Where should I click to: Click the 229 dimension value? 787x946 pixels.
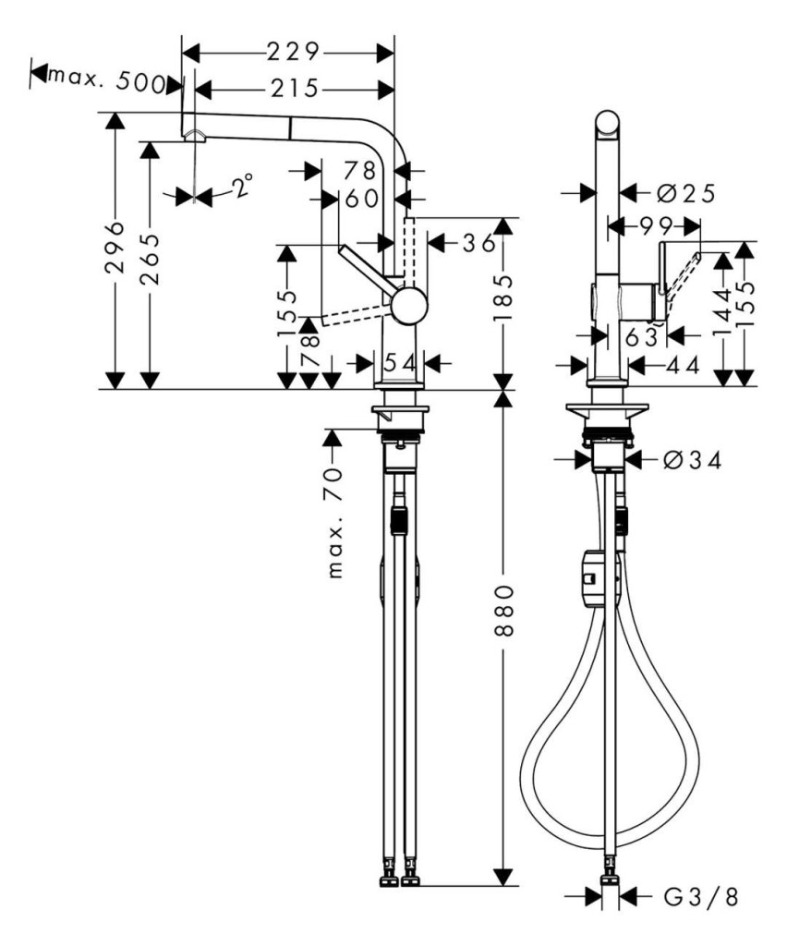click(x=293, y=53)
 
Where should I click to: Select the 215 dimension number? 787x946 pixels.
click(x=294, y=90)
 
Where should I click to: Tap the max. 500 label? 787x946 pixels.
click(x=107, y=79)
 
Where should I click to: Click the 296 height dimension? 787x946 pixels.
click(x=115, y=248)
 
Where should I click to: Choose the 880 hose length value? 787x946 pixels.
click(x=502, y=610)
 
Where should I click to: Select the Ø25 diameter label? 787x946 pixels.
click(x=685, y=194)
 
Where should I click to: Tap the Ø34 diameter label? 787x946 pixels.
click(x=692, y=461)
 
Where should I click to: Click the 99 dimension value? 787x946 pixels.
click(x=657, y=226)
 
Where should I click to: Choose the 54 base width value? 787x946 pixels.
click(x=401, y=363)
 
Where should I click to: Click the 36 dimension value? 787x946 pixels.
click(x=478, y=243)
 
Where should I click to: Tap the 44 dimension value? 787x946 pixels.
click(x=684, y=364)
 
